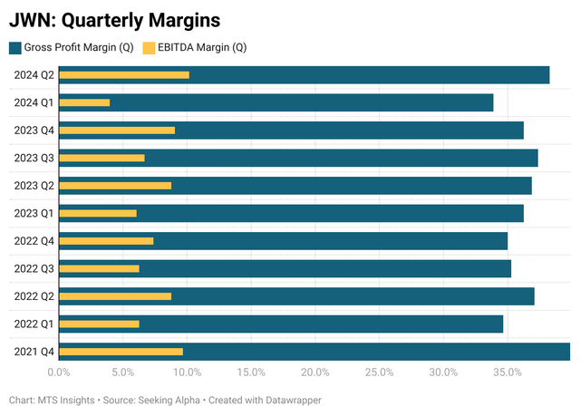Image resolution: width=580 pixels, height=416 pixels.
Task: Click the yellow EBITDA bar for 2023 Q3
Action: tap(101, 158)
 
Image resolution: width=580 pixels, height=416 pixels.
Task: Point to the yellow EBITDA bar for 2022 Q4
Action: tap(106, 240)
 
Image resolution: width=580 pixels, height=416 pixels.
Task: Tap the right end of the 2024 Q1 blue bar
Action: tap(491, 102)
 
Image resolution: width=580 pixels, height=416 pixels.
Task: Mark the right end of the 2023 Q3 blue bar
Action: tap(536, 158)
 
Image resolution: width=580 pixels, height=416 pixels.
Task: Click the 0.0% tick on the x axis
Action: tap(59, 372)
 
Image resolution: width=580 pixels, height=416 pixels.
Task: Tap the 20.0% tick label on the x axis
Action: tap(315, 372)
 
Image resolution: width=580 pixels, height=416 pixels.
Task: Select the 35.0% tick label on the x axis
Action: tap(507, 372)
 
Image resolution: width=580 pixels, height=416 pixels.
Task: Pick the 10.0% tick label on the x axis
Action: tap(187, 372)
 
